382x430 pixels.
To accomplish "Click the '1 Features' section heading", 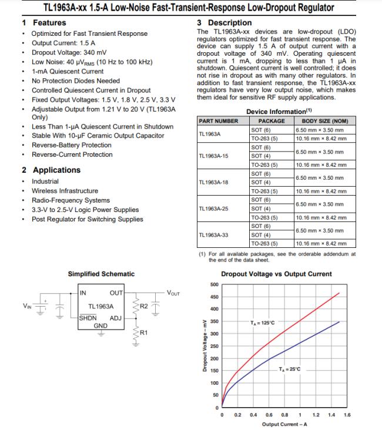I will [x=44, y=22].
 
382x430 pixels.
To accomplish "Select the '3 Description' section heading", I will [x=224, y=22].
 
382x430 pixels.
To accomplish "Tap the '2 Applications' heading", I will [x=51, y=170].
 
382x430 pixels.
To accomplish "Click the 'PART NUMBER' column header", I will [x=219, y=121].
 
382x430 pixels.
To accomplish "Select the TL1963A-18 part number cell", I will [x=214, y=182].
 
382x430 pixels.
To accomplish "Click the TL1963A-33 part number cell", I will [x=214, y=234].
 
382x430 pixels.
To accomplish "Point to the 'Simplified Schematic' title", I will [x=101, y=274].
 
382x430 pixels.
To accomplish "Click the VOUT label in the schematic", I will [x=173, y=293].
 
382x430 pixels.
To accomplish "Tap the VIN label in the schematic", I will [x=27, y=305].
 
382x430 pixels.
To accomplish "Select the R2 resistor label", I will [x=143, y=306].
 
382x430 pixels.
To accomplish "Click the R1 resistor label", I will [x=143, y=332].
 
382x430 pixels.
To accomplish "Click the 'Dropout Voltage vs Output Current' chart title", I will [x=276, y=274].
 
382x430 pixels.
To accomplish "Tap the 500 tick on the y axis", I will [x=214, y=284].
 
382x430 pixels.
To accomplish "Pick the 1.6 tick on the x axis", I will [x=346, y=415].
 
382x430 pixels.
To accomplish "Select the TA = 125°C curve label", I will [x=262, y=322].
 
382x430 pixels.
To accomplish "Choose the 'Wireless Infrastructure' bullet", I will [x=65, y=191].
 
